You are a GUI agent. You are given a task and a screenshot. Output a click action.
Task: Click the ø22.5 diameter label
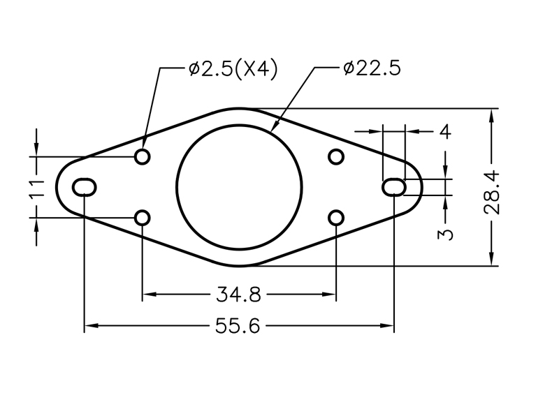372,69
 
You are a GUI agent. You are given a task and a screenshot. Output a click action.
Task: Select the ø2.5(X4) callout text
233,69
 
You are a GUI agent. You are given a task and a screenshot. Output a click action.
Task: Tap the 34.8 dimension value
238,295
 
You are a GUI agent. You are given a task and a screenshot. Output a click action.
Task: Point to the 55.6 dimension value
238,326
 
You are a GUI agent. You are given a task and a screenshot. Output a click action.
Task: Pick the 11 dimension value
38,187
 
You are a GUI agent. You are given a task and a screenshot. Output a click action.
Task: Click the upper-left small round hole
143,156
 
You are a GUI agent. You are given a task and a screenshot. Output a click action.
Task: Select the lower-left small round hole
143,218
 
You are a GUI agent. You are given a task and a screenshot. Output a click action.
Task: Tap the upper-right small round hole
336,156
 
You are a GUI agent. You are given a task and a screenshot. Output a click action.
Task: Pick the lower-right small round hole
336,218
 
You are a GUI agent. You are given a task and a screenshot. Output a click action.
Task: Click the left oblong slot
85,186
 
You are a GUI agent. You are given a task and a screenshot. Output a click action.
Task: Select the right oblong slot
394,186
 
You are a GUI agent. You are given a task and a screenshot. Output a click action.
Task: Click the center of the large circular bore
239,186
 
